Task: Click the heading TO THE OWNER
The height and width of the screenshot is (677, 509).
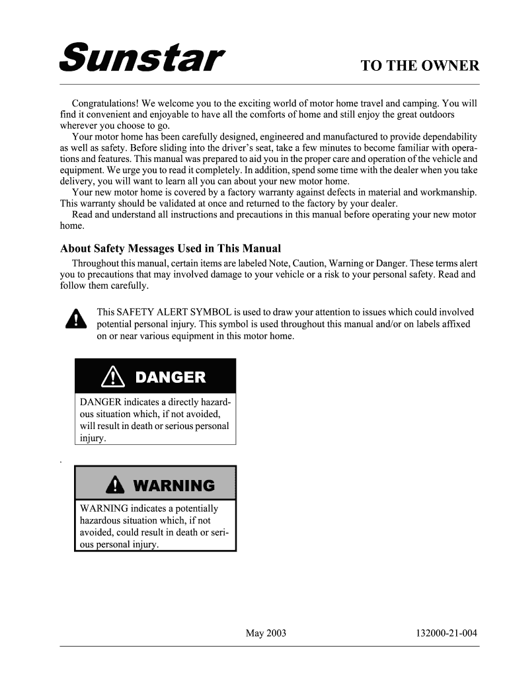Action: [419, 66]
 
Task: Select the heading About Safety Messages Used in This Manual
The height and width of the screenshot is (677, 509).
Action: [171, 249]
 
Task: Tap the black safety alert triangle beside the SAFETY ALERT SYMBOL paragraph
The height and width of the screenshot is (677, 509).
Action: [77, 319]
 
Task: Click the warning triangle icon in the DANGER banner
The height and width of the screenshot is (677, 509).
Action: [114, 378]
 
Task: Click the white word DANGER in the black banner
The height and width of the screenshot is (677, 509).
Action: [170, 378]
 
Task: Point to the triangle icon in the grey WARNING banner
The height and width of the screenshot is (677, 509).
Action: [115, 486]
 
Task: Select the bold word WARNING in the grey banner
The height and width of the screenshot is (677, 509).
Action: [174, 486]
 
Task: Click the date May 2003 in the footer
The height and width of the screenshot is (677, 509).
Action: [266, 633]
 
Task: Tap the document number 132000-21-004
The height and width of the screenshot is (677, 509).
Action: [446, 633]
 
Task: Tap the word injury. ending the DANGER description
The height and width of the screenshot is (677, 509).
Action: [93, 438]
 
